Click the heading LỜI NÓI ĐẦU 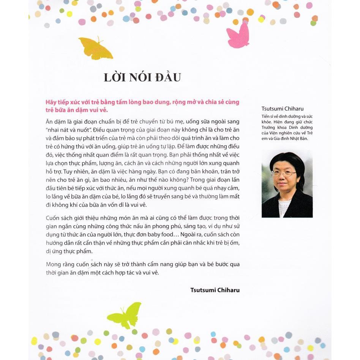142,77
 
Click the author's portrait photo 287,184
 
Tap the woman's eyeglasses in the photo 284,173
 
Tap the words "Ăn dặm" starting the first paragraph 55,122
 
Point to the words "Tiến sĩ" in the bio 268,116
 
